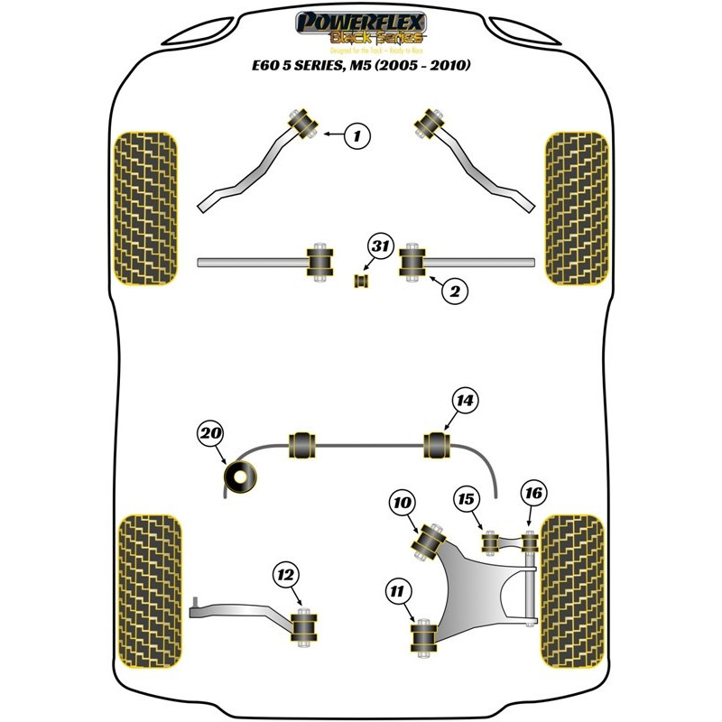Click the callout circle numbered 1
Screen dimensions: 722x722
[357, 136]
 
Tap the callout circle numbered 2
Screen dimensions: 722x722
[454, 291]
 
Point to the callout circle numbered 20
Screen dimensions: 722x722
[211, 435]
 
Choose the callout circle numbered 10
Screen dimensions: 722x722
[403, 503]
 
